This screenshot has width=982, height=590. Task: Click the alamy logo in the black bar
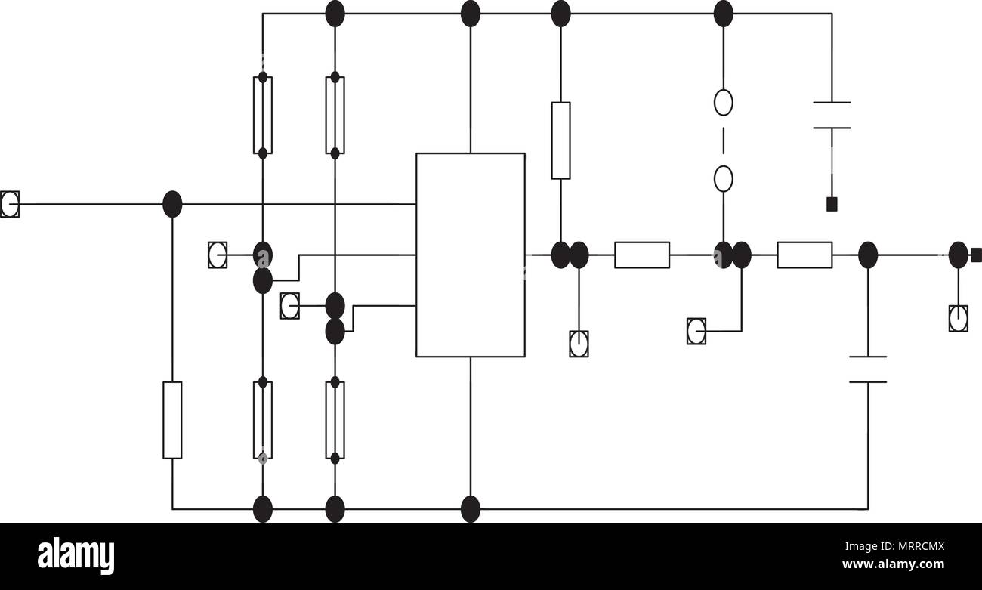pyautogui.click(x=76, y=555)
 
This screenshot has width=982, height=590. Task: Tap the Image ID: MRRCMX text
pyautogui.click(x=894, y=546)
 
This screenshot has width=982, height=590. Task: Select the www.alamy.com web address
pyautogui.click(x=893, y=564)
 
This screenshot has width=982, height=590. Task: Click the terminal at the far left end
pyautogui.click(x=10, y=204)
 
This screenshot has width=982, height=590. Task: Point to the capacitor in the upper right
pyautogui.click(x=832, y=116)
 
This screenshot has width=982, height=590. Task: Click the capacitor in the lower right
pyautogui.click(x=868, y=369)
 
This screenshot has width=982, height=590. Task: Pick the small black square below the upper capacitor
pyautogui.click(x=832, y=204)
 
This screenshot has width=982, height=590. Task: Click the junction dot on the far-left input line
pyautogui.click(x=172, y=204)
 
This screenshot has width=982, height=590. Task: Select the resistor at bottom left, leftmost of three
pyautogui.click(x=172, y=420)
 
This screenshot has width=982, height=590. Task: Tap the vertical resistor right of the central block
pyautogui.click(x=560, y=141)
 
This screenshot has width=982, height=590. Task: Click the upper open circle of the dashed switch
pyautogui.click(x=724, y=103)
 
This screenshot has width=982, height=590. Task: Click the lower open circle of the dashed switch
pyautogui.click(x=724, y=179)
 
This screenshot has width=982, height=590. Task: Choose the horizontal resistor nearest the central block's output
pyautogui.click(x=642, y=255)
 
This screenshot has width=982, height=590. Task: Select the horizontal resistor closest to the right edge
pyautogui.click(x=805, y=255)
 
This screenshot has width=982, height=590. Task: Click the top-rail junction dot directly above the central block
pyautogui.click(x=471, y=14)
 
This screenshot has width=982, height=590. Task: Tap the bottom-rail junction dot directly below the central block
pyautogui.click(x=471, y=509)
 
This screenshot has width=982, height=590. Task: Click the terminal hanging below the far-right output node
pyautogui.click(x=959, y=319)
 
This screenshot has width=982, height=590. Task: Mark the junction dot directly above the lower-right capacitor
pyautogui.click(x=868, y=255)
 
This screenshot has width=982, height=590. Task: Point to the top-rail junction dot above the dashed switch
pyautogui.click(x=724, y=14)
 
